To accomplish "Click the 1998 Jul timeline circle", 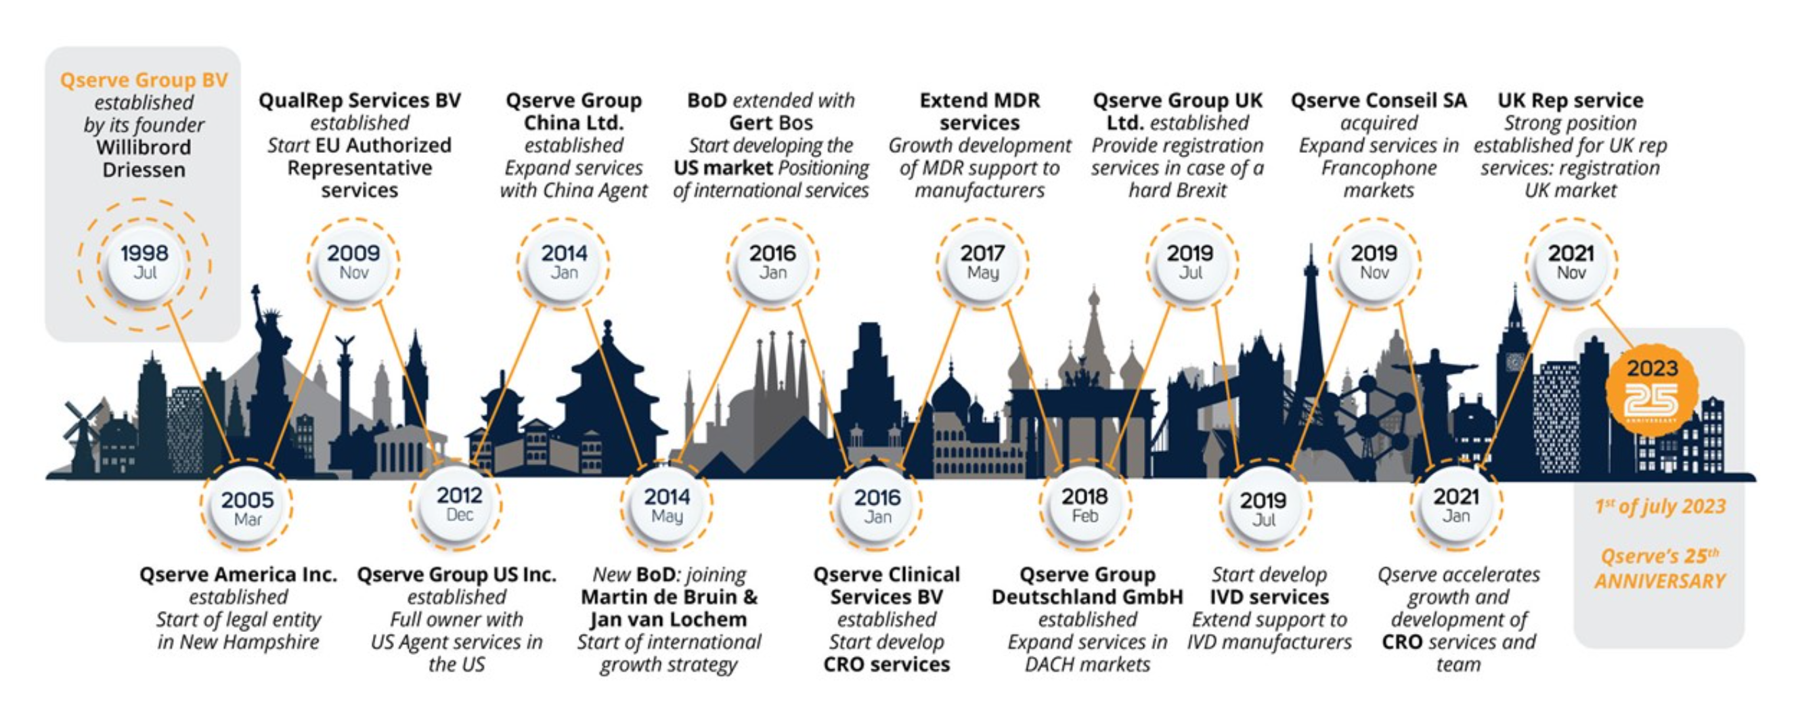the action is (x=144, y=264).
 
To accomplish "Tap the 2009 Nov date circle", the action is (x=354, y=263).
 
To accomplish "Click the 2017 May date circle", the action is (x=982, y=263).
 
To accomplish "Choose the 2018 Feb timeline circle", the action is (x=1085, y=506).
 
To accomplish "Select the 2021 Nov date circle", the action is (x=1571, y=263).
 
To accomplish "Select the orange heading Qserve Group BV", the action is (x=144, y=81).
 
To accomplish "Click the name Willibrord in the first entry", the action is (x=144, y=148).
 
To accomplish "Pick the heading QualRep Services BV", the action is (x=359, y=101).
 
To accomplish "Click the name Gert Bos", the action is (x=771, y=123).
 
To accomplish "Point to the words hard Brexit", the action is (x=1178, y=191).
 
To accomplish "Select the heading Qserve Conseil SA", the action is (x=1378, y=101).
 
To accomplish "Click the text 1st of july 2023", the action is (x=1659, y=507).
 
